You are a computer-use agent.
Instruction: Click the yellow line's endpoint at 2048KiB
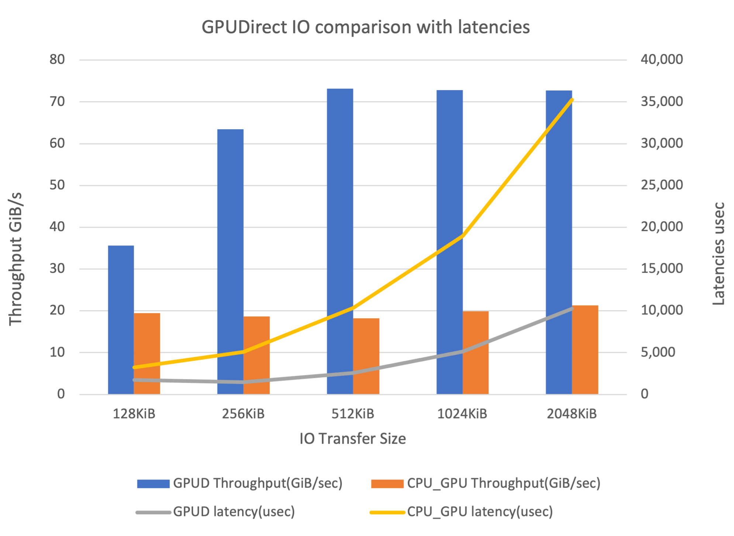572,100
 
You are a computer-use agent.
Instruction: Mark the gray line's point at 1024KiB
462,351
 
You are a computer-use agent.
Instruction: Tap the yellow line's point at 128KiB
134,367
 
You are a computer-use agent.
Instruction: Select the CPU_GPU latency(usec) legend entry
480,512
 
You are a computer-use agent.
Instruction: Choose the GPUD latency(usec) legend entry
234,512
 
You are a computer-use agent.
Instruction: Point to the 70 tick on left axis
57,102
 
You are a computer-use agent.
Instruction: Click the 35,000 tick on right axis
662,102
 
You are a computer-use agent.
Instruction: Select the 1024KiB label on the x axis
462,414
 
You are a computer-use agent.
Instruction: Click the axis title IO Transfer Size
352,439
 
